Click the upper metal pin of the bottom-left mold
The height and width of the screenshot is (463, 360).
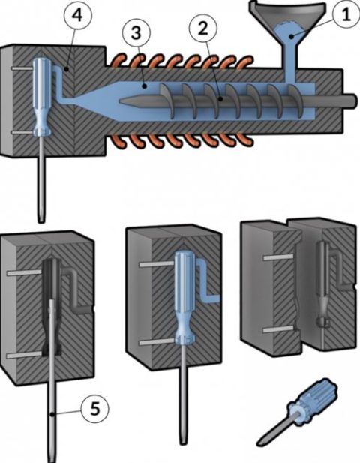(22, 274)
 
